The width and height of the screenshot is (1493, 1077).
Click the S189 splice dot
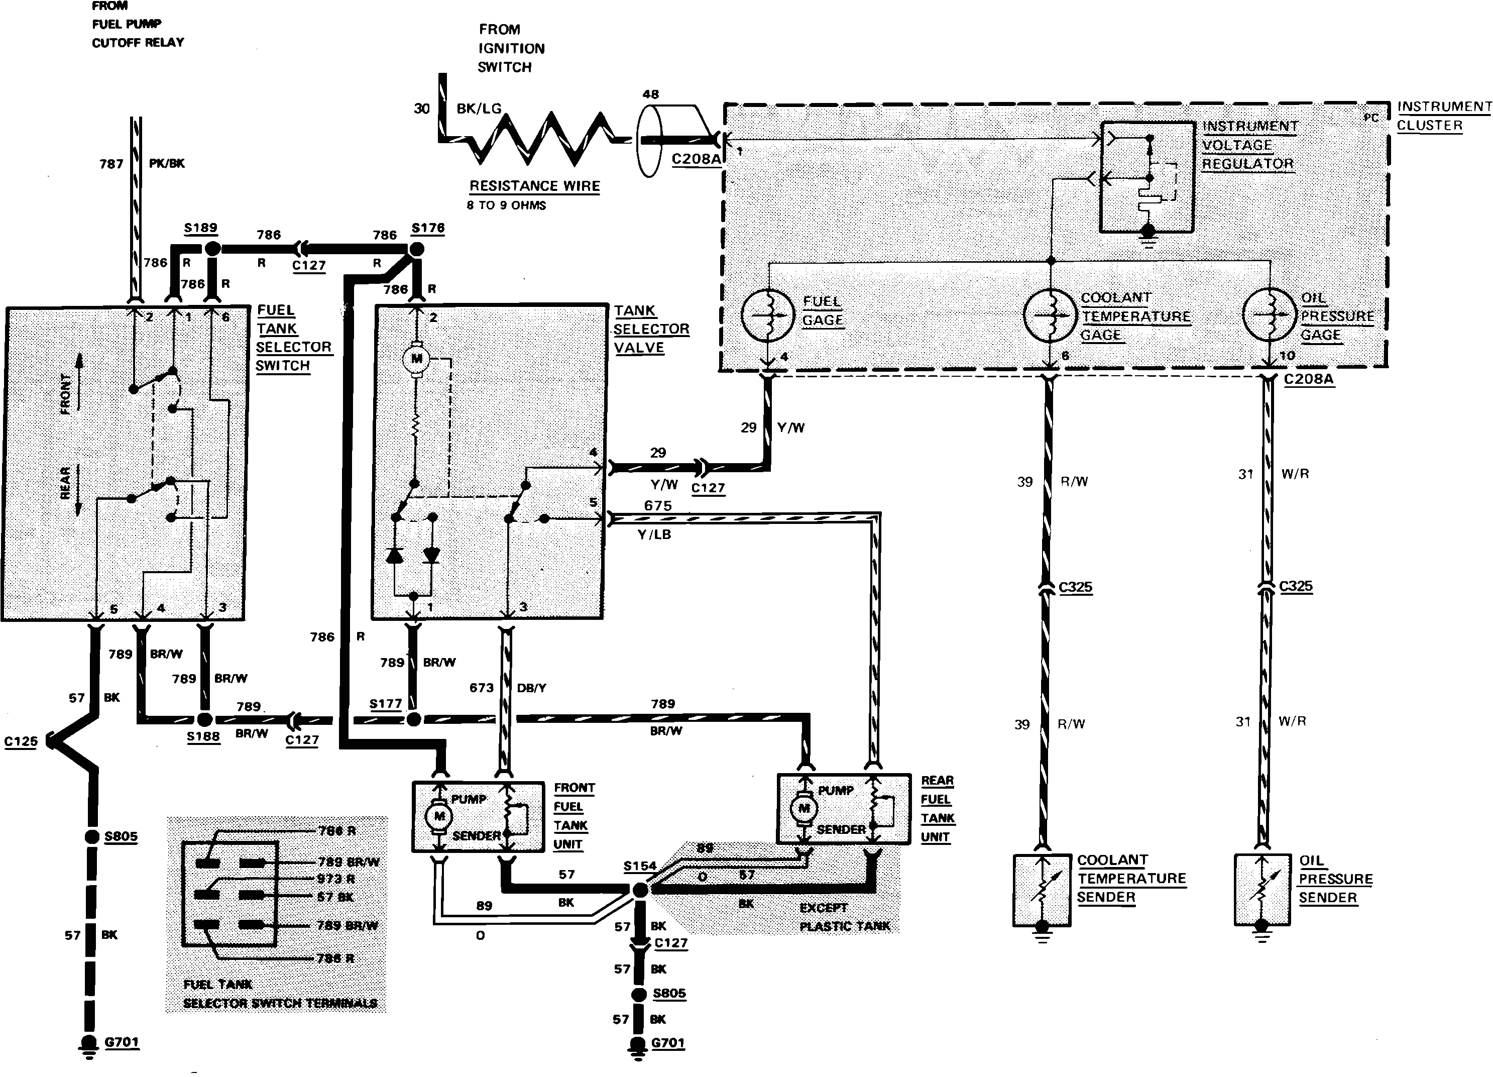click(x=212, y=249)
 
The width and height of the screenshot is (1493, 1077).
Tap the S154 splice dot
click(x=639, y=890)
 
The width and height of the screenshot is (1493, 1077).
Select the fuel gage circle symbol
click(x=768, y=315)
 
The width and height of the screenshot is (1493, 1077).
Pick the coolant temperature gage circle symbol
click(x=1050, y=315)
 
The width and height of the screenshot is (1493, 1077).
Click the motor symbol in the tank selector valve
click(x=416, y=359)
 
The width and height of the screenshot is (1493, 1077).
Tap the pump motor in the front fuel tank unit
click(x=438, y=816)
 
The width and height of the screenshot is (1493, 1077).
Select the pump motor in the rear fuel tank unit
click(x=804, y=808)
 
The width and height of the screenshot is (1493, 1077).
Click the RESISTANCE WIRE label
click(x=534, y=186)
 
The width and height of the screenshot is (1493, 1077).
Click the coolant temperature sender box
click(x=1042, y=890)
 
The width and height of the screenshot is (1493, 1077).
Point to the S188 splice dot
click(x=204, y=719)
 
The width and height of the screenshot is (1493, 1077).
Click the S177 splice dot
click(x=413, y=719)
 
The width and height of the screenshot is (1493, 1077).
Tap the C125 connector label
click(x=21, y=741)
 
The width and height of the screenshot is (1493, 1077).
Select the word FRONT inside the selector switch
click(x=66, y=394)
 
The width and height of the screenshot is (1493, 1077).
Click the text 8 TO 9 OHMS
click(x=506, y=205)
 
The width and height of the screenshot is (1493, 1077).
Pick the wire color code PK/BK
click(x=167, y=163)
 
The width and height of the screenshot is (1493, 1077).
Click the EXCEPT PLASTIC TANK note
click(x=844, y=917)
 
